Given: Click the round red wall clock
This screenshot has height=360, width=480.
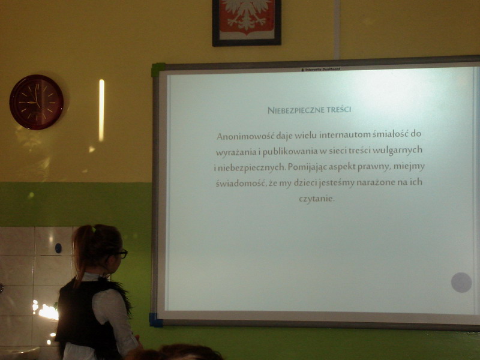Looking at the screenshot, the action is (x=37, y=102).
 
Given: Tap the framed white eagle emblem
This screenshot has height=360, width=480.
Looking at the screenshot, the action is (x=247, y=22).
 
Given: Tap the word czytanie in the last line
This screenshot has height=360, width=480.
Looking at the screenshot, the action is (x=317, y=199).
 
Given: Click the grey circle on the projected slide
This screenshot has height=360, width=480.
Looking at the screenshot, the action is (x=461, y=282).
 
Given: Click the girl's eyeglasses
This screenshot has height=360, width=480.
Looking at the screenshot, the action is (x=121, y=254).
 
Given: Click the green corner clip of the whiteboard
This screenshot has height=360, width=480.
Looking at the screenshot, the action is (x=158, y=70).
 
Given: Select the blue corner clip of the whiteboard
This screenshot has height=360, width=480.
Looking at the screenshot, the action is (x=155, y=320).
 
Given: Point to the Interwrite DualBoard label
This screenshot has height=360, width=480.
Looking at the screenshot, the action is (x=320, y=70).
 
